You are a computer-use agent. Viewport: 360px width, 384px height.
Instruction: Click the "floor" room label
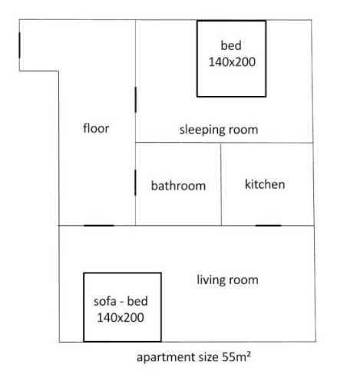(x=96, y=128)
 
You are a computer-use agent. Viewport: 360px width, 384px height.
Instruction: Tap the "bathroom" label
(x=178, y=185)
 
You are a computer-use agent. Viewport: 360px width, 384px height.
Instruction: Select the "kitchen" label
(x=265, y=184)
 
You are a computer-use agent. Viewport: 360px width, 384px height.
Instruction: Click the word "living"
(x=210, y=280)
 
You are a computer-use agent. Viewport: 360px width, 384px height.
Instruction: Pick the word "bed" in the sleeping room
(x=231, y=45)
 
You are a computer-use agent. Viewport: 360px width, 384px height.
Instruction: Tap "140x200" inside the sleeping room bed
(x=232, y=62)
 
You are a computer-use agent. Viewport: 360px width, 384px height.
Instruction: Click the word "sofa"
(x=105, y=301)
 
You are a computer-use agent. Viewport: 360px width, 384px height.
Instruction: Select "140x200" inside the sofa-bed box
(x=121, y=317)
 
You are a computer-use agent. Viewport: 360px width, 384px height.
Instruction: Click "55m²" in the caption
(x=236, y=356)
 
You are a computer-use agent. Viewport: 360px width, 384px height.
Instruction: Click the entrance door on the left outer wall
(x=19, y=45)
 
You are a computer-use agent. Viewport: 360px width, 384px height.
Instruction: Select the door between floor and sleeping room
(x=136, y=100)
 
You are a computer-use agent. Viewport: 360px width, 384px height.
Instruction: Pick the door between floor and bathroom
(x=135, y=183)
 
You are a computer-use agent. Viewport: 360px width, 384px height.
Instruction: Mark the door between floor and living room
(x=99, y=226)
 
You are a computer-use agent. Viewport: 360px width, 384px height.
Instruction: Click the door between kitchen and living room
(x=269, y=226)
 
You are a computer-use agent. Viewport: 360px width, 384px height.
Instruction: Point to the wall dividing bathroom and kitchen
(x=221, y=184)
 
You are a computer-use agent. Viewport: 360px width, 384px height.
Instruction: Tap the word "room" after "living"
(x=243, y=280)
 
